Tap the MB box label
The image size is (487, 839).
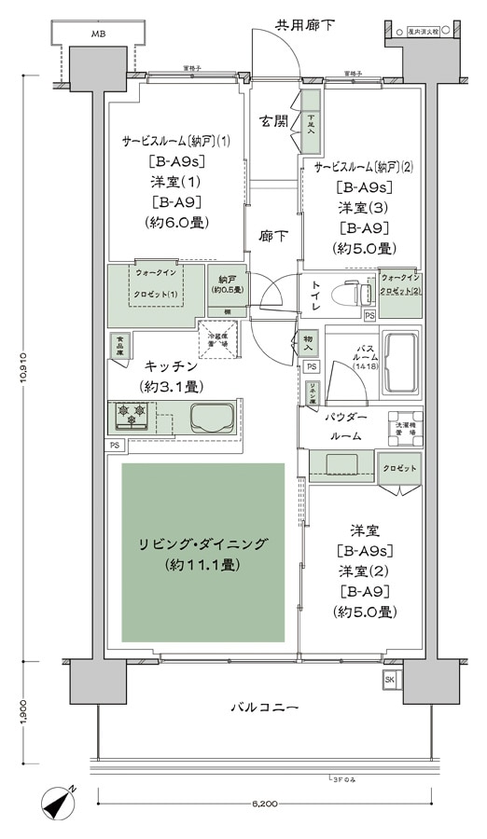tap(98, 34)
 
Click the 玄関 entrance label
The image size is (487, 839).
tap(274, 121)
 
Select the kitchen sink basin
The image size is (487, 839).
tap(212, 418)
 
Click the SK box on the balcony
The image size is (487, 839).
tap(389, 681)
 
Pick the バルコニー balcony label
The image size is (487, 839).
tap(264, 708)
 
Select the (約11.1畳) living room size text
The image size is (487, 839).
tap(202, 565)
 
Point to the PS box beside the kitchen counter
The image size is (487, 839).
tap(115, 446)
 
